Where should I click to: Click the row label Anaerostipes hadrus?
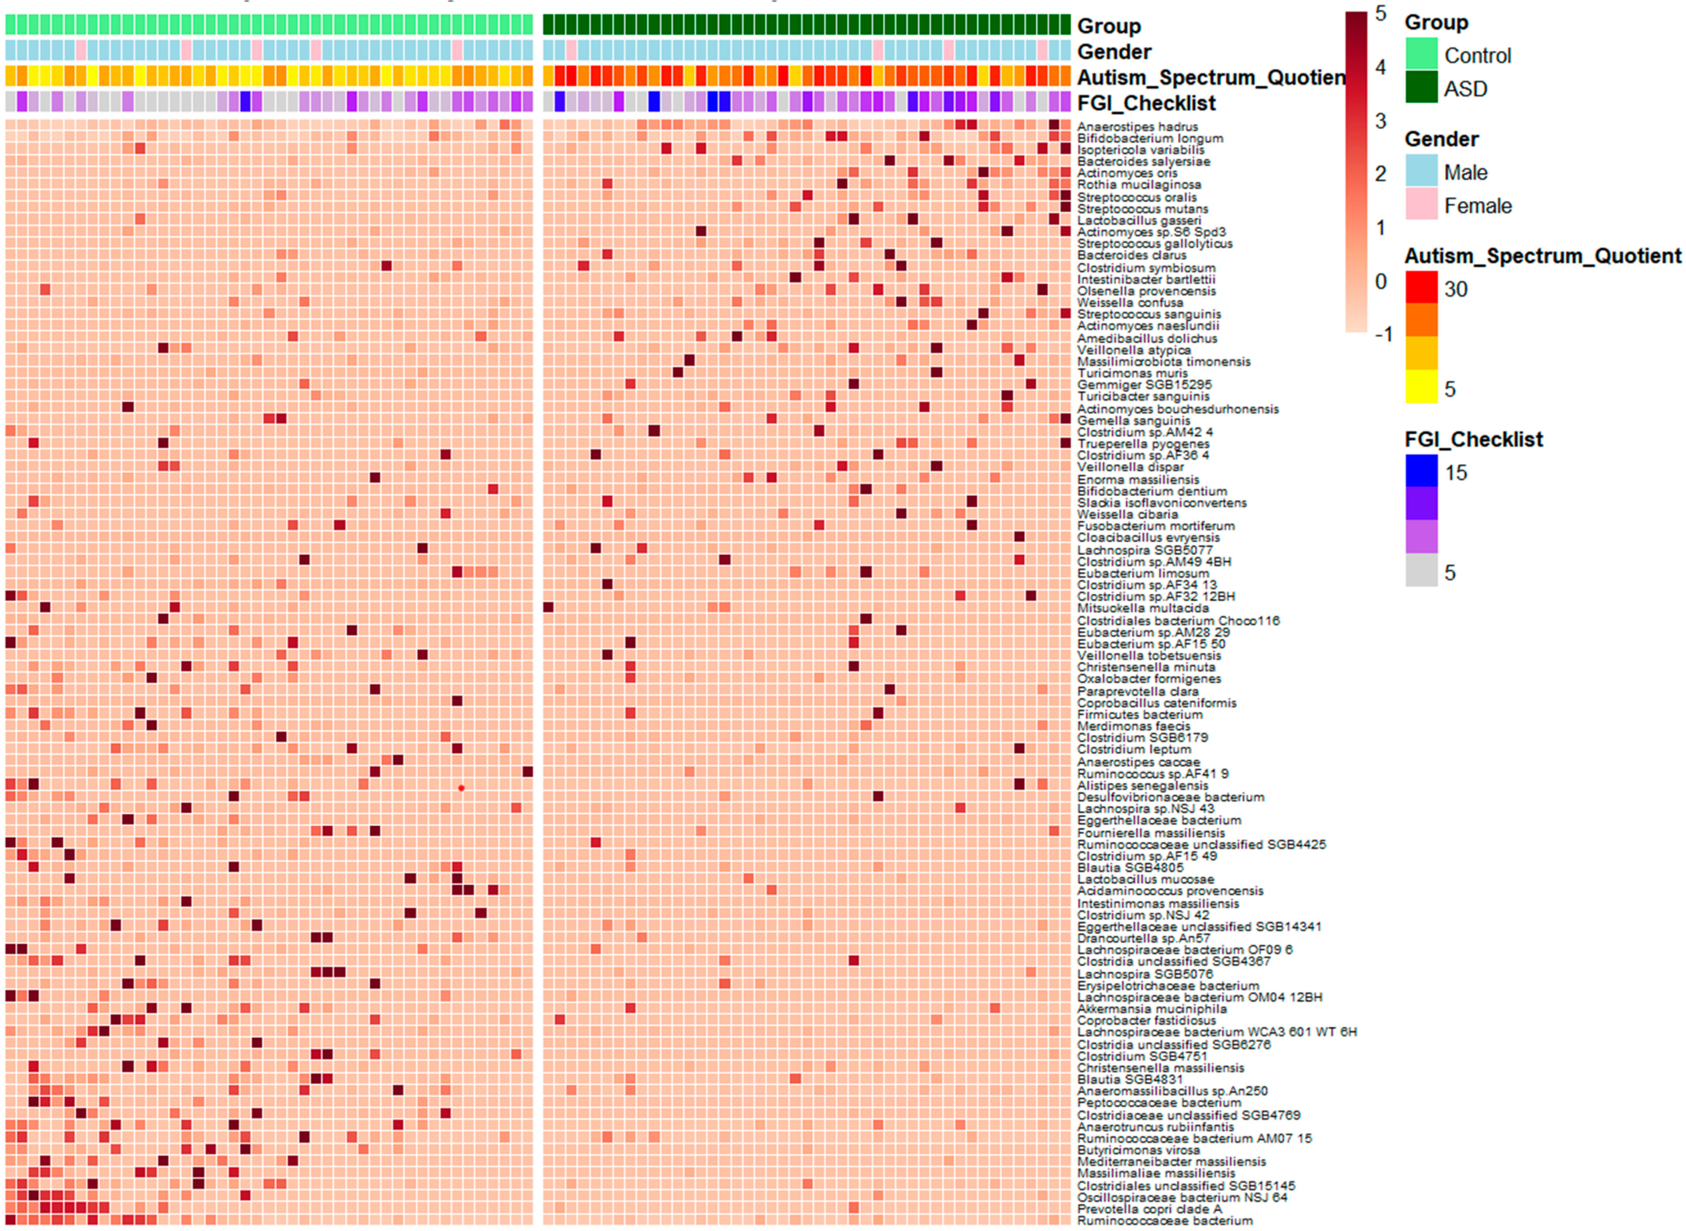pyautogui.click(x=1137, y=127)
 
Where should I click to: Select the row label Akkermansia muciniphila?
pyautogui.click(x=1152, y=1009)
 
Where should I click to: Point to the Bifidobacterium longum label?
pyautogui.click(x=1150, y=139)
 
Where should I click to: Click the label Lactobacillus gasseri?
pyautogui.click(x=1139, y=220)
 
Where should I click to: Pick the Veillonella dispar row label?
pyautogui.click(x=1130, y=467)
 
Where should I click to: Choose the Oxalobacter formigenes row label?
pyautogui.click(x=1149, y=679)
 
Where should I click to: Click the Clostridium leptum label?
pyautogui.click(x=1134, y=750)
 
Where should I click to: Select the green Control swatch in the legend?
pyautogui.click(x=1421, y=54)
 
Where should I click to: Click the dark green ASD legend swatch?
pyautogui.click(x=1421, y=87)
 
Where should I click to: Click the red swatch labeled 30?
pyautogui.click(x=1421, y=288)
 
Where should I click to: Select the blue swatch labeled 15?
pyautogui.click(x=1421, y=471)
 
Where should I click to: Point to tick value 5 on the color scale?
pyautogui.click(x=1380, y=14)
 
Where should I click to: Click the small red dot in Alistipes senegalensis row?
pyautogui.click(x=461, y=788)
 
